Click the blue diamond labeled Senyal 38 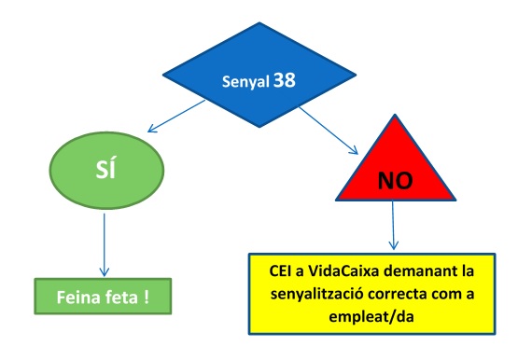(x=259, y=75)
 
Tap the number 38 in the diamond (x=285, y=81)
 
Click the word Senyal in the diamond (x=245, y=82)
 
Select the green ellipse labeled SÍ (x=107, y=170)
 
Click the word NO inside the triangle (x=396, y=180)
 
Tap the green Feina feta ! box (x=103, y=297)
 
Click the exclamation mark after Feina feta (x=147, y=297)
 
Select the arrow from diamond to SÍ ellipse (x=176, y=116)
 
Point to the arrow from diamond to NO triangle (x=329, y=131)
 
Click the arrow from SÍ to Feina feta (x=105, y=244)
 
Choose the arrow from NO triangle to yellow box (x=393, y=225)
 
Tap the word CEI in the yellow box (x=280, y=270)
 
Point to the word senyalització (x=317, y=294)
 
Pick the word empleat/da (x=371, y=317)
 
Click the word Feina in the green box (x=78, y=297)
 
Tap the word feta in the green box (x=121, y=297)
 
